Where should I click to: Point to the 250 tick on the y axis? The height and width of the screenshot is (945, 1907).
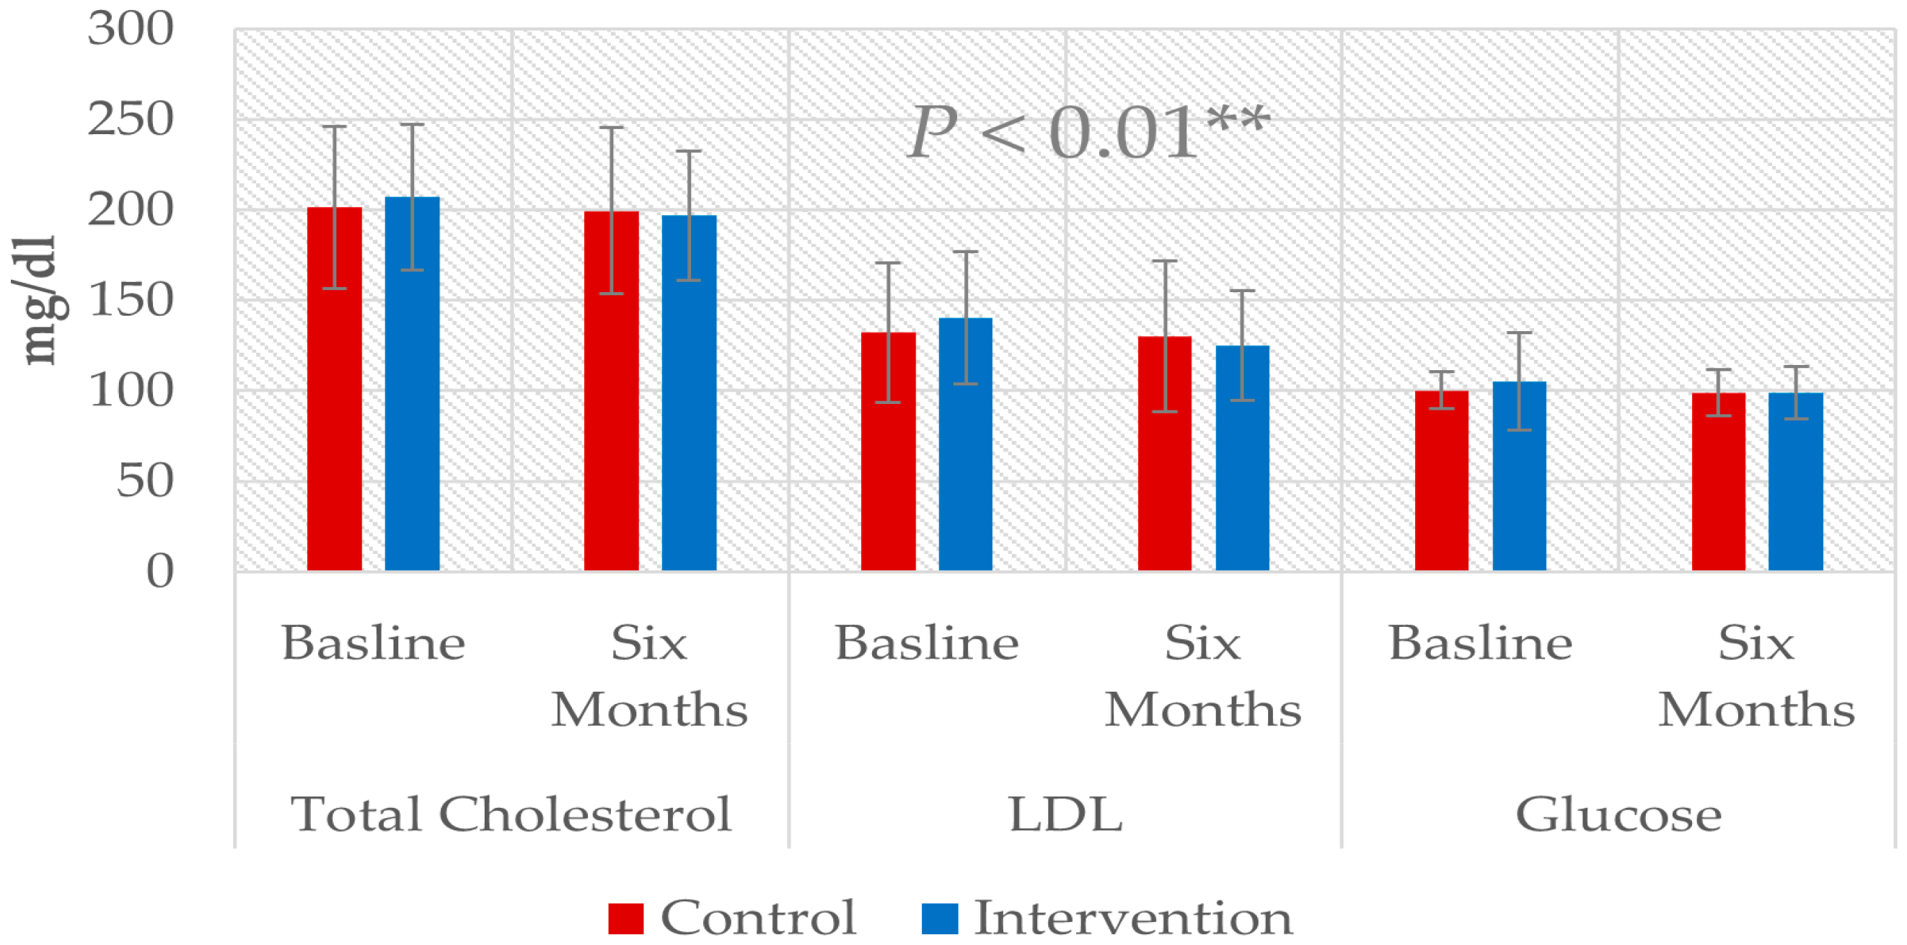pos(131,118)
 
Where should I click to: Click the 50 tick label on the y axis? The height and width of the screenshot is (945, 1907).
pos(145,480)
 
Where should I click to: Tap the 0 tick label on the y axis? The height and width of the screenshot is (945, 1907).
pos(160,571)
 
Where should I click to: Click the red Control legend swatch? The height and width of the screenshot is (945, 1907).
pos(625,918)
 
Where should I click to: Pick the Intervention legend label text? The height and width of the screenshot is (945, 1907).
pos(1132,918)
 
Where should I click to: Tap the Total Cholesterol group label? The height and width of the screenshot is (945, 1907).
pos(511,814)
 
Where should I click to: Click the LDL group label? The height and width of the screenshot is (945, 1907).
pos(1065,814)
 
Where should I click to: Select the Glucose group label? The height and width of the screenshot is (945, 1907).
pos(1618,814)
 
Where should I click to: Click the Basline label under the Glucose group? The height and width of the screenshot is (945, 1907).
pos(1480,642)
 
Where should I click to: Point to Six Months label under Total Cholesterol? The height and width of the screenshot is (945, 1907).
pos(649,675)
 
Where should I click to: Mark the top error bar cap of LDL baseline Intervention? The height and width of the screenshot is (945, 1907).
pos(965,252)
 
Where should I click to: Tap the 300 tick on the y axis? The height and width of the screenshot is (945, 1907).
pos(131,29)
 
